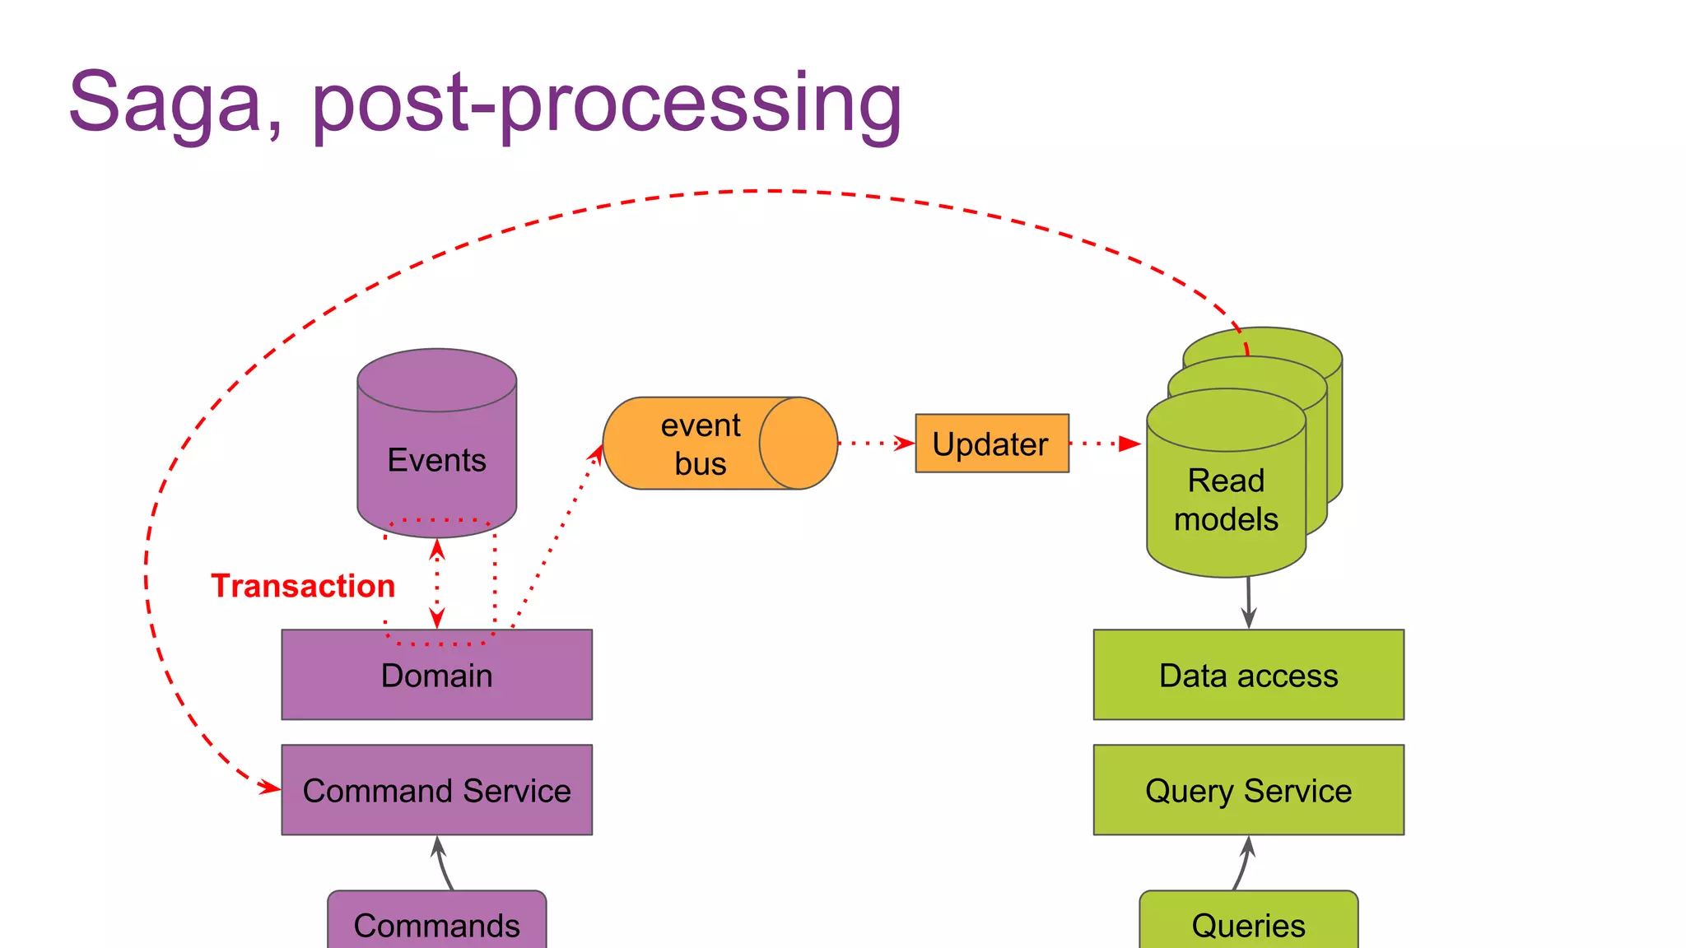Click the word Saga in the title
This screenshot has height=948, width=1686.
[x=165, y=103]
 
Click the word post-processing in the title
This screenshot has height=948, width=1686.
[x=607, y=103]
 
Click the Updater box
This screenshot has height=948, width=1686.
[x=991, y=444]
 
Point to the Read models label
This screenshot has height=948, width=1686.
[x=1226, y=500]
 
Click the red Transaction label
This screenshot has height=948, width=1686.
[x=303, y=586]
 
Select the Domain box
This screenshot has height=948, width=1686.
[x=436, y=675]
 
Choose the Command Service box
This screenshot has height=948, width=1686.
[x=436, y=790]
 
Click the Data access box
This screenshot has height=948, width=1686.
[x=1248, y=675]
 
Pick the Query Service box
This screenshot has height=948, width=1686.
[x=1248, y=790]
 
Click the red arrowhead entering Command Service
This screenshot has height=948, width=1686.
[x=269, y=788]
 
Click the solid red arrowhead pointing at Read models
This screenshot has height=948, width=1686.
[x=1129, y=444]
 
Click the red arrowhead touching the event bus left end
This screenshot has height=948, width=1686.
[x=597, y=453]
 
